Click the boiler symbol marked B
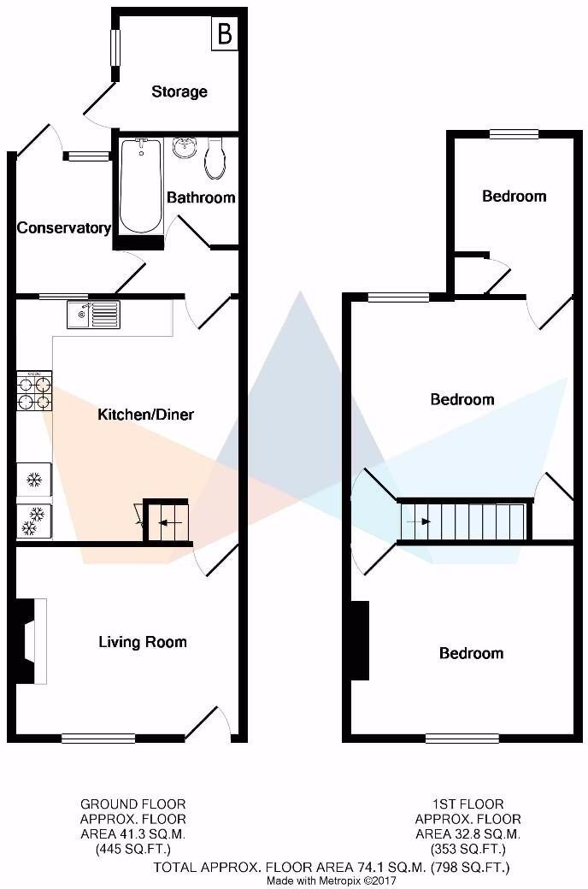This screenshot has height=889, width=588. [225, 34]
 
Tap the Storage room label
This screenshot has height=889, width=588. [179, 91]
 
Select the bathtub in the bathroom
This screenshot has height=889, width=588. [141, 186]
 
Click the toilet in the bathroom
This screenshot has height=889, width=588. [215, 159]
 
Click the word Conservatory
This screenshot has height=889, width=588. [64, 228]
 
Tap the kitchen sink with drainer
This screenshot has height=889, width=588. [93, 315]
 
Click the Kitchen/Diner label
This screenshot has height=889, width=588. [146, 415]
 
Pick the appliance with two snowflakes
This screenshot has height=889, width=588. [34, 521]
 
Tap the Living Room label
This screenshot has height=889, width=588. [142, 642]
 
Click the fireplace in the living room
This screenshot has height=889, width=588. [28, 641]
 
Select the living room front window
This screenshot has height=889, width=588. [98, 738]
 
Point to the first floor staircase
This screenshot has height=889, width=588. [463, 521]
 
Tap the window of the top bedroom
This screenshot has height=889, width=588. [514, 134]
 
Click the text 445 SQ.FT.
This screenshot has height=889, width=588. [132, 849]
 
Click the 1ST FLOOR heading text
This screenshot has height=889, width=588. [467, 804]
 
